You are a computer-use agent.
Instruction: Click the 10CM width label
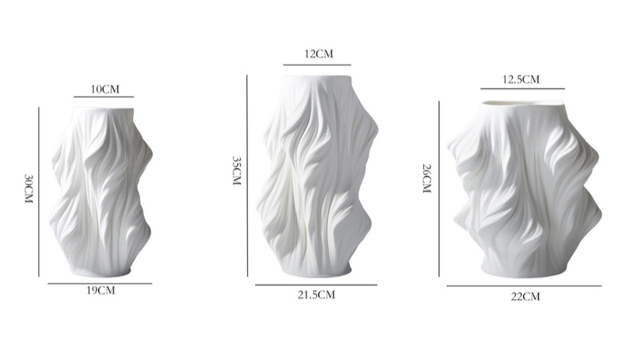tap(105, 89)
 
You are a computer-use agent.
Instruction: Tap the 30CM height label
tap(29, 188)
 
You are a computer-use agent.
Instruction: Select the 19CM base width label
tap(101, 291)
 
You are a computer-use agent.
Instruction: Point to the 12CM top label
tap(319, 54)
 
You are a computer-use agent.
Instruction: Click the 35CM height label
tap(237, 171)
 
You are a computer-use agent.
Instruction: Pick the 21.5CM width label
tap(316, 295)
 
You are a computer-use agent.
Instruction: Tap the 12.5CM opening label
tap(521, 79)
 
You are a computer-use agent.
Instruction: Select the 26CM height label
tap(426, 179)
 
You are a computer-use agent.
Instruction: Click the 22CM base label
tap(526, 296)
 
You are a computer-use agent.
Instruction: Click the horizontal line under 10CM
tap(103, 97)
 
